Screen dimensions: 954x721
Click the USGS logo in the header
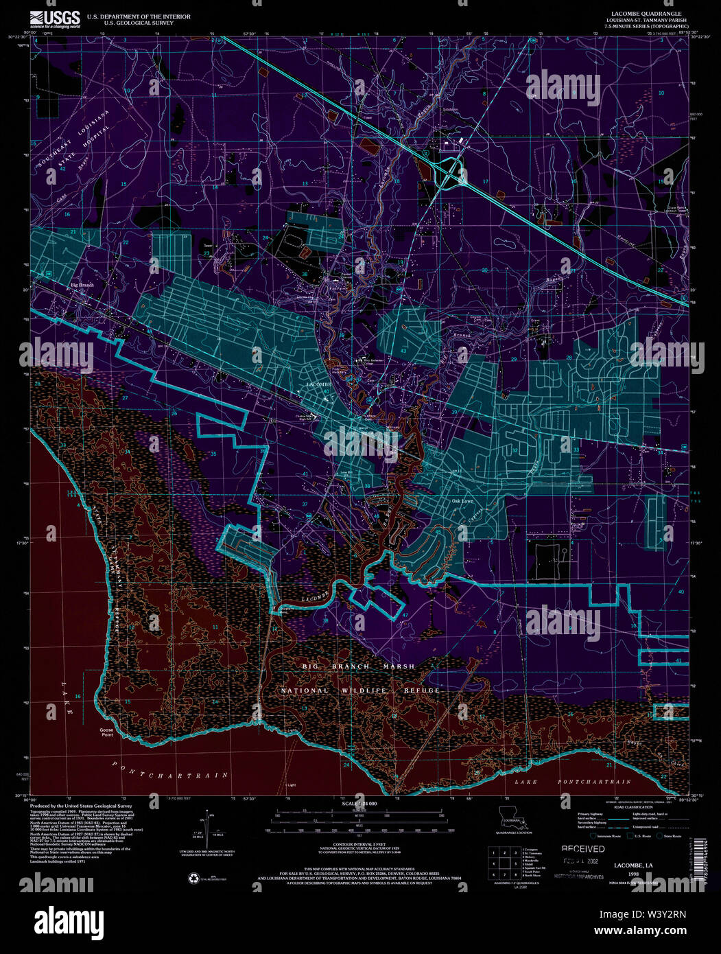[58, 19]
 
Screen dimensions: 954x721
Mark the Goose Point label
[106, 732]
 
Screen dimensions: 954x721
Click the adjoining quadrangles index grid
[501, 863]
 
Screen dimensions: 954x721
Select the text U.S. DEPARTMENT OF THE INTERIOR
[128, 16]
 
